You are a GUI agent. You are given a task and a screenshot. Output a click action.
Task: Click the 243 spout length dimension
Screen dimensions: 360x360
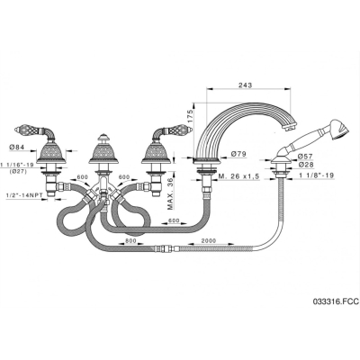tap(246, 85)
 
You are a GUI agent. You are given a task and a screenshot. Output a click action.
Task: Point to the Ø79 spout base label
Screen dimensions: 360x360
tap(238, 154)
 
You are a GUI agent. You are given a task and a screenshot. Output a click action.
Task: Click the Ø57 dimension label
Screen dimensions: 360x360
tap(305, 157)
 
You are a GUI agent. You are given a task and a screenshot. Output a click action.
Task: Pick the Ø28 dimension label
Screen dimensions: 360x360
tap(305, 165)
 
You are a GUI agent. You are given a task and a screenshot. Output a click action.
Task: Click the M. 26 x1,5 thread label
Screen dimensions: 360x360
tap(238, 176)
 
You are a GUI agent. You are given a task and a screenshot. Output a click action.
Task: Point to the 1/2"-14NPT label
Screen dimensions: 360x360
tap(23, 195)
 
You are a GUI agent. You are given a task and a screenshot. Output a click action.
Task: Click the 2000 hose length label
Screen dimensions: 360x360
tap(209, 240)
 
